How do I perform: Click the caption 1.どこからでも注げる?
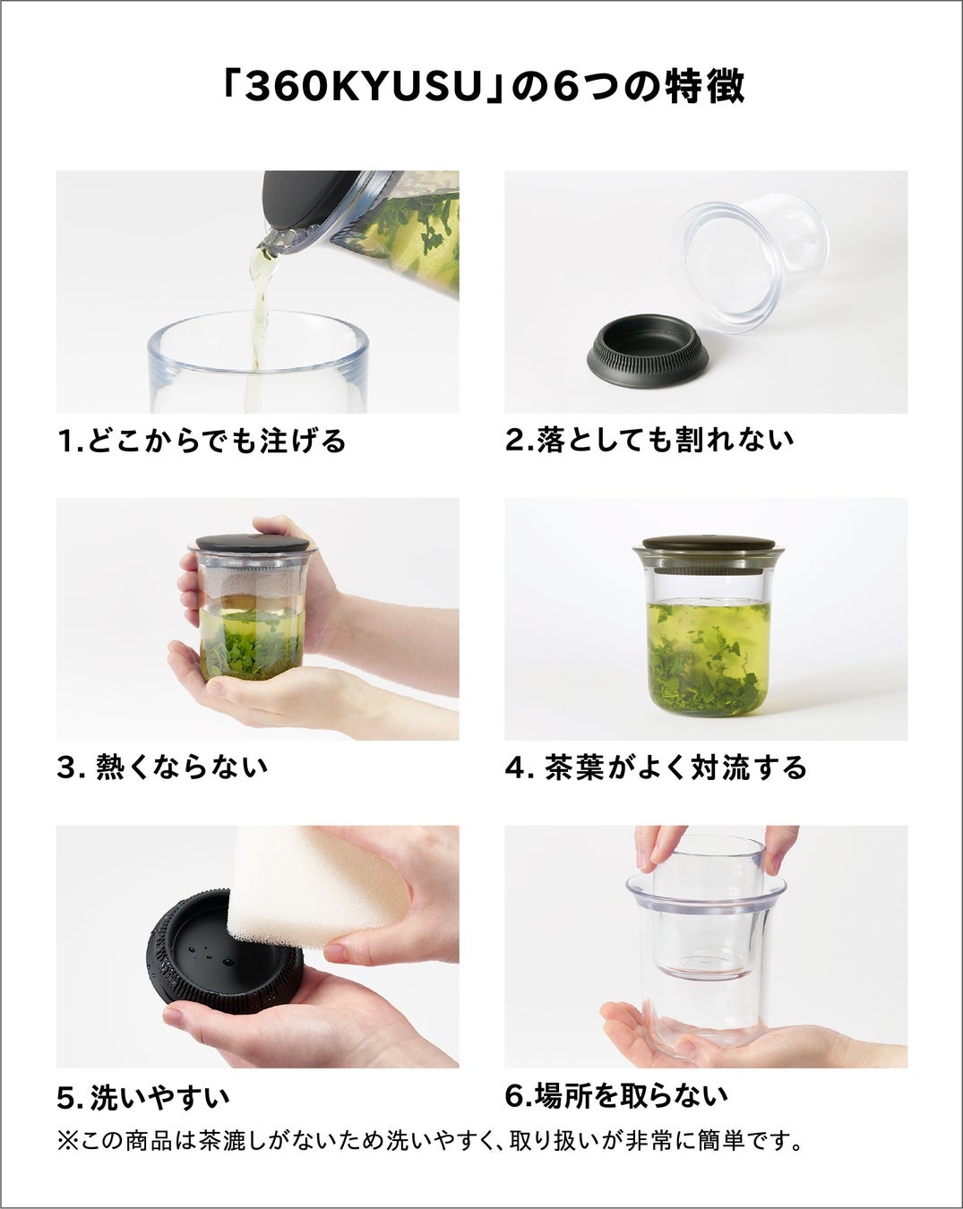click(x=202, y=441)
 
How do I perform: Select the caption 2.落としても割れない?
click(x=649, y=440)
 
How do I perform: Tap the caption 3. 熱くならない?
click(x=162, y=767)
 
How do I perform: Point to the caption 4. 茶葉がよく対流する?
click(x=656, y=767)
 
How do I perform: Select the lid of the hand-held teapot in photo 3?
click(x=253, y=543)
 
